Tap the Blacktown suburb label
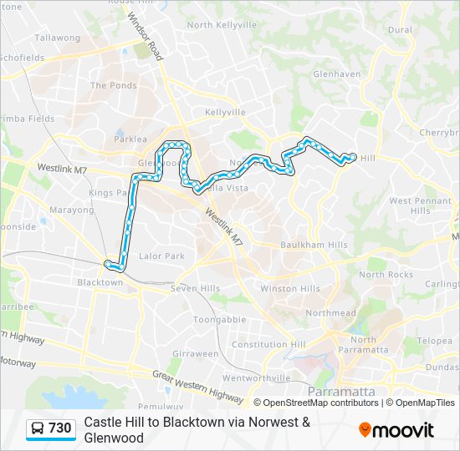pos(100,282)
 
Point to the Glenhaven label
pos(336,73)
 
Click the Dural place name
pos(400,30)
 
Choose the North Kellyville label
pos(222,25)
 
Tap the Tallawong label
pos(57,38)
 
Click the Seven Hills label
pos(195,288)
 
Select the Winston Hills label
pos(290,288)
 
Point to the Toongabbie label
pos(219,319)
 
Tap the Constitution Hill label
pos(268,344)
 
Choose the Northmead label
pos(326,312)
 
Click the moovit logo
pos(396,429)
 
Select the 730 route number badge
pos(51,428)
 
